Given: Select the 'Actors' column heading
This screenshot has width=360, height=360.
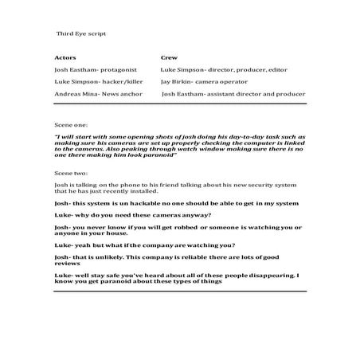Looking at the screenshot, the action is point(65,58).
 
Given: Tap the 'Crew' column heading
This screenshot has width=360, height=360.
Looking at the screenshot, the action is point(168,58).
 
